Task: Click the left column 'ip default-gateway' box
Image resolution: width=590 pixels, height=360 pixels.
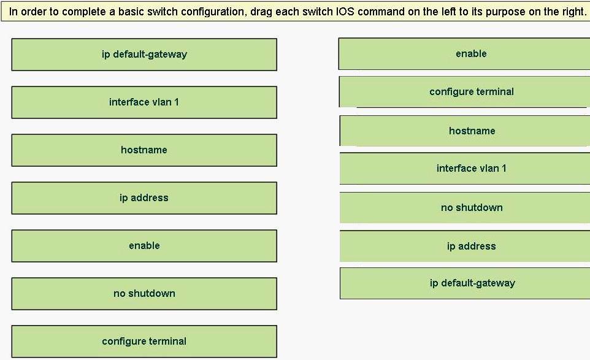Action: (x=144, y=55)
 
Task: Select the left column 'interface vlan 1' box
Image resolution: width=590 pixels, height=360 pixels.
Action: (x=144, y=102)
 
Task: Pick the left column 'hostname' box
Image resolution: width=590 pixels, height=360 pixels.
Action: (x=144, y=150)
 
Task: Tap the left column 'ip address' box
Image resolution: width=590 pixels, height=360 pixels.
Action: (x=144, y=198)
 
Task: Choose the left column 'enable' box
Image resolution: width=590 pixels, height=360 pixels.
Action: (x=144, y=246)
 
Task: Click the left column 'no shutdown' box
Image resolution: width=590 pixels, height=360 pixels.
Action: (x=144, y=293)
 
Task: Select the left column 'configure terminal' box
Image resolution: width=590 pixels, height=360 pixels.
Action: (x=144, y=341)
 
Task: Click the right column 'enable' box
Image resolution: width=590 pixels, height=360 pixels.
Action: (x=464, y=54)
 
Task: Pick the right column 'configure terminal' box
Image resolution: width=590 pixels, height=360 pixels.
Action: (x=464, y=92)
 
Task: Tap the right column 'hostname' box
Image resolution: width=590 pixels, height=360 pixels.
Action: (x=465, y=131)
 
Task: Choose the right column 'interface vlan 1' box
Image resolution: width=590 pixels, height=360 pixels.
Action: (x=465, y=168)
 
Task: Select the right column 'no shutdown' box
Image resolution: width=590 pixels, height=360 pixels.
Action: (x=465, y=208)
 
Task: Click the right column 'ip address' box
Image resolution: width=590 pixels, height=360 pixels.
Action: (x=465, y=246)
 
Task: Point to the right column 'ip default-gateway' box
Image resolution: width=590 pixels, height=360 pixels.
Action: (x=465, y=283)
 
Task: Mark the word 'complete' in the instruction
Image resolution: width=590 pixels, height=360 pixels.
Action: (x=84, y=12)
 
